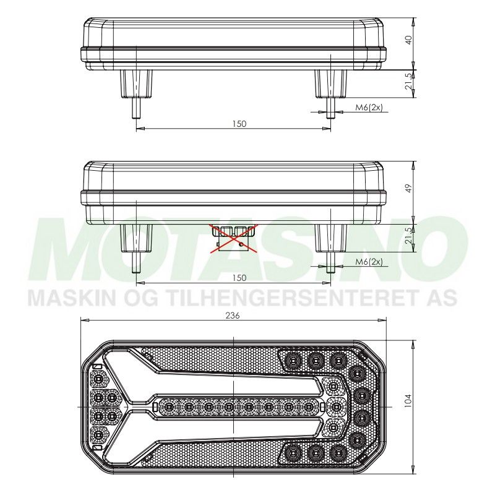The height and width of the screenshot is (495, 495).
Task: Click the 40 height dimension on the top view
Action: (x=408, y=40)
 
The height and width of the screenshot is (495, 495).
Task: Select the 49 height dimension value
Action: (x=407, y=187)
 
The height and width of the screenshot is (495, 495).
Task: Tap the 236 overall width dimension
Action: (x=233, y=315)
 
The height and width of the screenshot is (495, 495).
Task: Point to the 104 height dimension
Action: (x=407, y=401)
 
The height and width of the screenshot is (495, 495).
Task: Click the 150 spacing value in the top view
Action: (x=239, y=124)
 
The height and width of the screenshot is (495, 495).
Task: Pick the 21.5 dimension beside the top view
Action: (x=408, y=83)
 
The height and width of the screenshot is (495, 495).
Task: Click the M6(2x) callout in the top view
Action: (x=369, y=108)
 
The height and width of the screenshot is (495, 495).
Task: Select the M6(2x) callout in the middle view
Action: (x=369, y=262)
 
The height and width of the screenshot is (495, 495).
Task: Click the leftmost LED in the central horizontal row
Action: (x=168, y=407)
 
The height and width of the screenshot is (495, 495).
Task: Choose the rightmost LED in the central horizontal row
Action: (x=308, y=407)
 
